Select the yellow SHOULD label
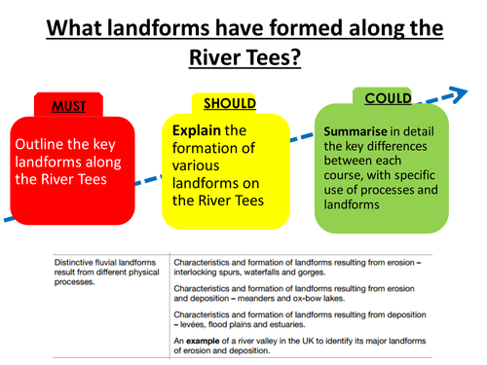coord(229,102)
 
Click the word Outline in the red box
coord(42,142)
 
